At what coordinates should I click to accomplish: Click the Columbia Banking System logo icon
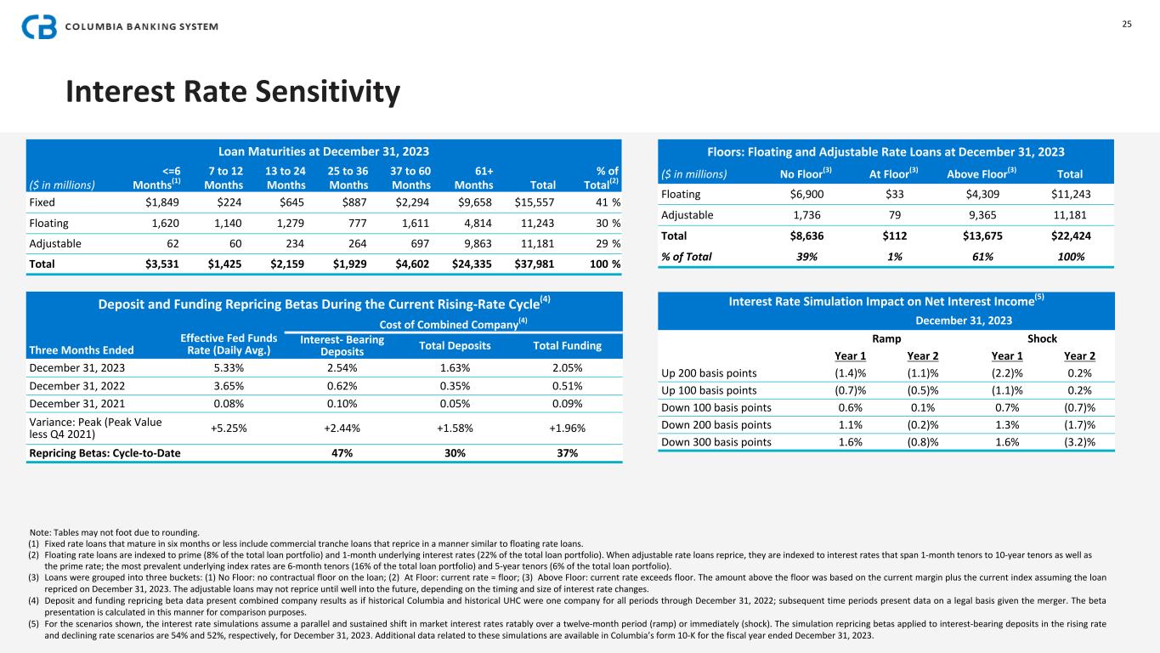(39, 26)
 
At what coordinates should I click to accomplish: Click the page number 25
(1127, 24)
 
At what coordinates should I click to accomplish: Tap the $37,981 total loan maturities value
(535, 264)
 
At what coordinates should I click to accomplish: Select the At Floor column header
(888, 175)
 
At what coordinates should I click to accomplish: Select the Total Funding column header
(567, 345)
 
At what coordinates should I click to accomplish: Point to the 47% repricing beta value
(341, 453)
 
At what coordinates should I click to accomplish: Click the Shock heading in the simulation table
(1042, 338)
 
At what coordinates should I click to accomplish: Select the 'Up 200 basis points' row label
(710, 372)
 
